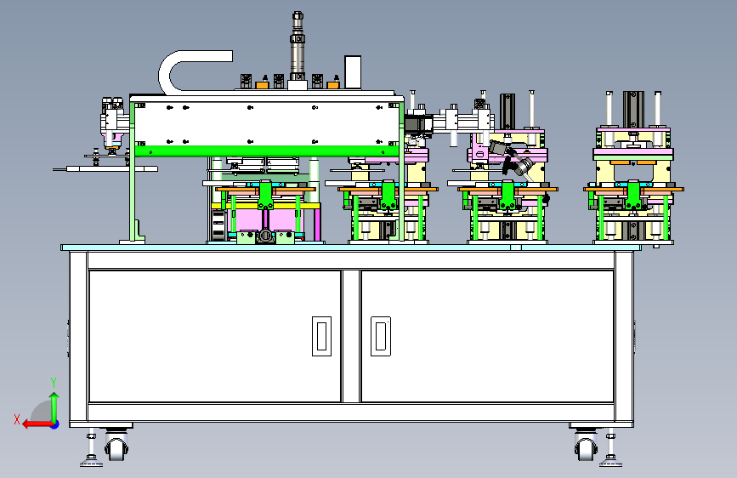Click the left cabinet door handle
(x=321, y=336)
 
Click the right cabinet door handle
(x=381, y=336)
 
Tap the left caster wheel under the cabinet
(x=116, y=446)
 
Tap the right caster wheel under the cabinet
(x=586, y=446)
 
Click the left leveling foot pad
(x=91, y=463)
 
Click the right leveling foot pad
(x=610, y=463)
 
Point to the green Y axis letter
(x=54, y=383)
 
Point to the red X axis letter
(x=17, y=419)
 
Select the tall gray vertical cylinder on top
(x=298, y=46)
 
